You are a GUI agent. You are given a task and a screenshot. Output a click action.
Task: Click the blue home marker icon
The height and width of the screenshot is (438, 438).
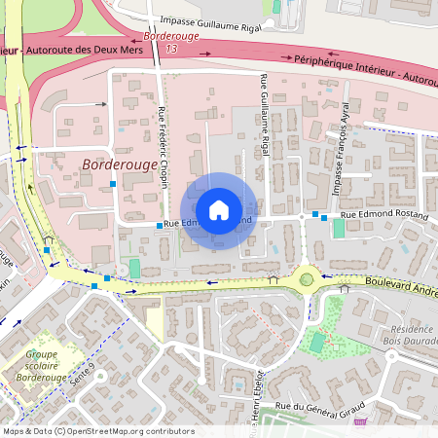(219, 209)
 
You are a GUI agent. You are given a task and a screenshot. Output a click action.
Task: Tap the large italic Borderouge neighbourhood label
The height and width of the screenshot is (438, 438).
(120, 165)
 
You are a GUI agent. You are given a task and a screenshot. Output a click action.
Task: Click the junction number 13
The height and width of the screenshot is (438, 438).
(172, 48)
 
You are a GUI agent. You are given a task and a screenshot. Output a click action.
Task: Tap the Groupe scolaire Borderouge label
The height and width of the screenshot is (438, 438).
(41, 365)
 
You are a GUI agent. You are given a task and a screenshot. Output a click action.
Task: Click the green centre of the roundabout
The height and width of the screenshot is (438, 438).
(307, 280)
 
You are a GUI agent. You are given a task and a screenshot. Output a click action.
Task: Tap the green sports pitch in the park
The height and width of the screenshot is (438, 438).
(315, 344)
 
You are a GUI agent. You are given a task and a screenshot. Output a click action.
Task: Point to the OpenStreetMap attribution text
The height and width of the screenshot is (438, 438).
(97, 431)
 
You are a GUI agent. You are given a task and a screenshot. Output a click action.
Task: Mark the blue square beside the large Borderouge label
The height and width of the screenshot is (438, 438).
(113, 183)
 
